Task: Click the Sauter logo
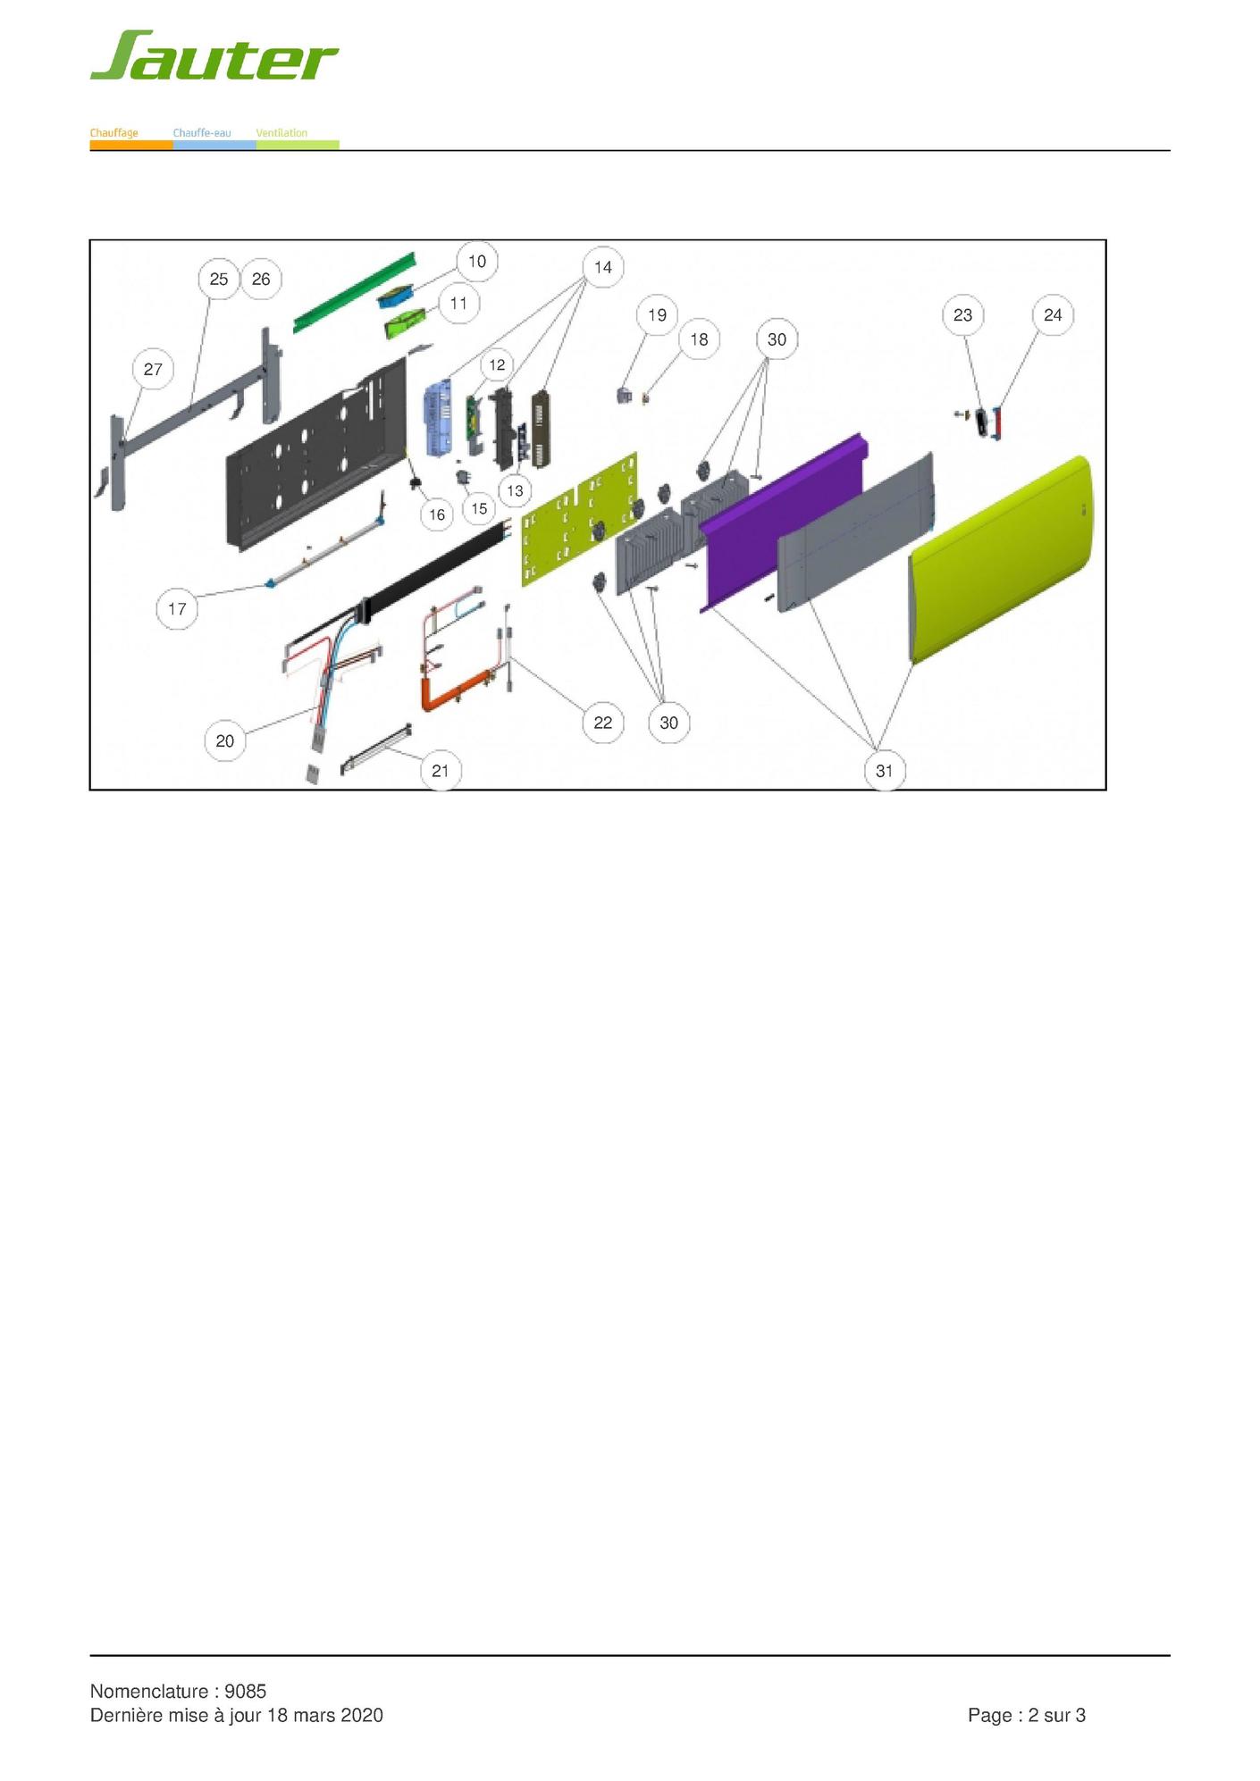pyautogui.click(x=214, y=56)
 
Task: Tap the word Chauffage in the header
pyautogui.click(x=113, y=133)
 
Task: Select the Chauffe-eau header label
pyautogui.click(x=202, y=133)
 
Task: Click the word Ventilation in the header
pyautogui.click(x=281, y=133)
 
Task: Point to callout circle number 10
pyautogui.click(x=477, y=261)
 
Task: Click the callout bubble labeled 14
pyautogui.click(x=603, y=267)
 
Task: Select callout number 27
pyautogui.click(x=153, y=369)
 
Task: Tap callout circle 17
pyautogui.click(x=177, y=609)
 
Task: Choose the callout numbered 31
pyautogui.click(x=885, y=771)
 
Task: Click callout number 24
pyautogui.click(x=1053, y=314)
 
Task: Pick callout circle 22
pyautogui.click(x=603, y=723)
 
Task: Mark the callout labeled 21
pyautogui.click(x=441, y=771)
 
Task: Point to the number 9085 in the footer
pyautogui.click(x=246, y=1691)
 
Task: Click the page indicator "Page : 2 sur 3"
pyautogui.click(x=1027, y=1715)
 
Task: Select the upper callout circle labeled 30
pyautogui.click(x=777, y=339)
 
